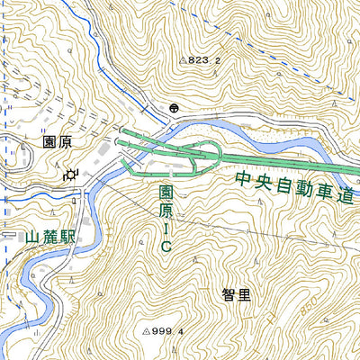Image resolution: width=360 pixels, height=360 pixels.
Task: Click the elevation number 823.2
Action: click(x=204, y=61)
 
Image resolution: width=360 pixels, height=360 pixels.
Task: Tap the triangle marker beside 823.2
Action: click(x=182, y=61)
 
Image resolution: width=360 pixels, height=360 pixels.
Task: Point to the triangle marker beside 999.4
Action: click(x=145, y=331)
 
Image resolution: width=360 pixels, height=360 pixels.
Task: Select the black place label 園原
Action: click(x=56, y=142)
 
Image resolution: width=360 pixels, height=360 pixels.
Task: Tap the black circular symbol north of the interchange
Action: click(x=172, y=108)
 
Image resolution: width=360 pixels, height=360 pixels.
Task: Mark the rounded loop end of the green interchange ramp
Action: click(x=216, y=152)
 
